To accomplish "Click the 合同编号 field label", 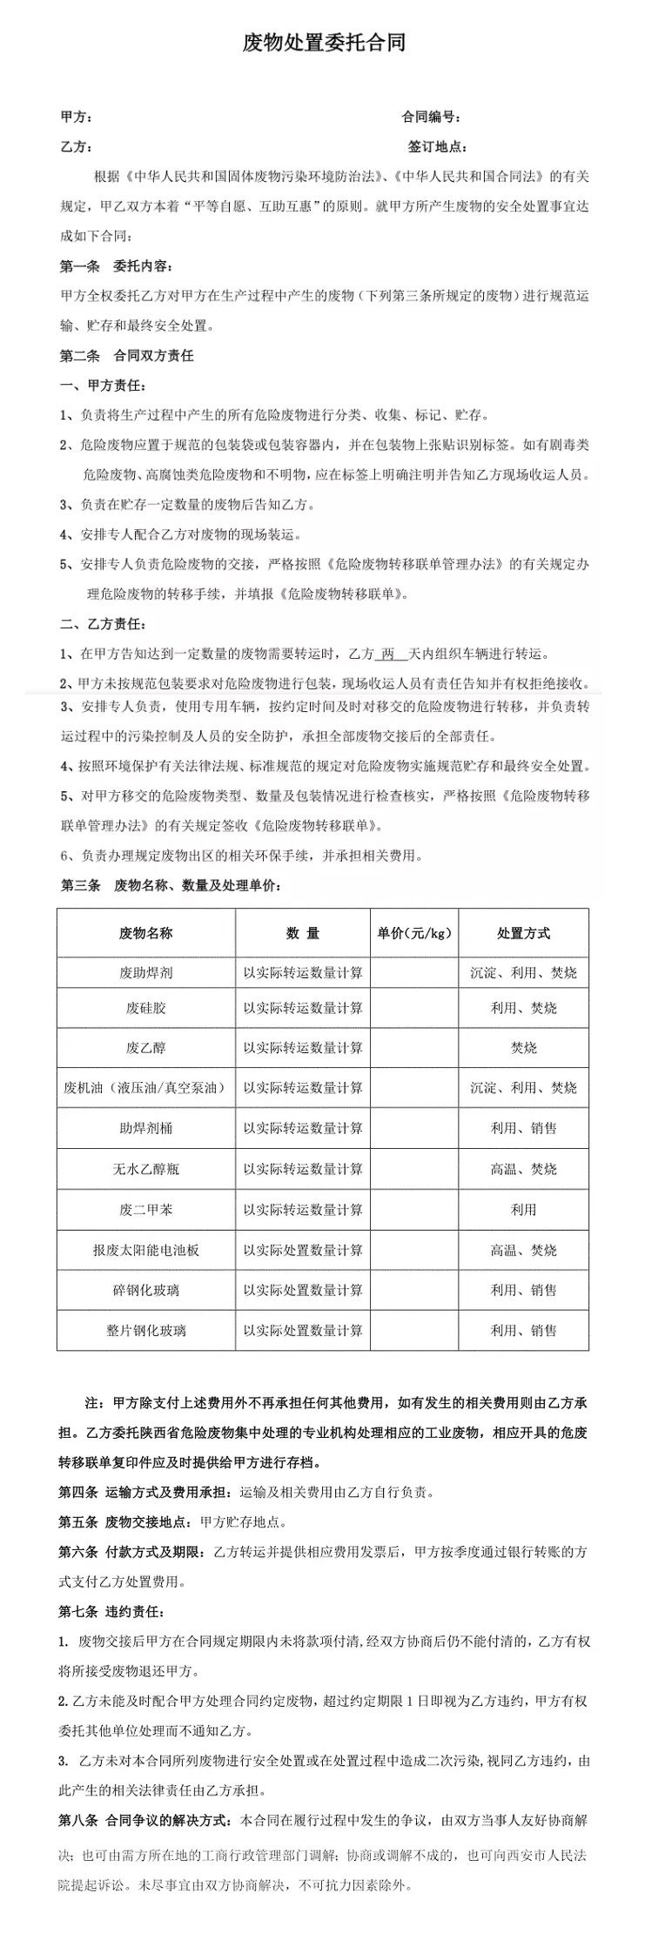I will click(x=430, y=117).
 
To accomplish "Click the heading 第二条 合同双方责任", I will click(x=126, y=355).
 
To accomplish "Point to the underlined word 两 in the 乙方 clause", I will click(x=389, y=654).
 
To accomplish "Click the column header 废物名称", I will click(x=145, y=933).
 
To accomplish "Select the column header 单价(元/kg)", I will click(x=414, y=933).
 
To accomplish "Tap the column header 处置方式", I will click(x=523, y=933).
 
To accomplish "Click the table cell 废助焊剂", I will click(x=145, y=972).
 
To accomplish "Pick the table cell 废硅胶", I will click(x=145, y=1008).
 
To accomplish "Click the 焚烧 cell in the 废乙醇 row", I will click(x=523, y=1048).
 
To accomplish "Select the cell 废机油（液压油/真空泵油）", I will click(x=145, y=1088).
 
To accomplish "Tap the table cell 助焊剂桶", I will click(x=145, y=1128).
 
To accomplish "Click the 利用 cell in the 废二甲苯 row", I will click(x=523, y=1210).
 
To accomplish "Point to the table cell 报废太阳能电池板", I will click(x=145, y=1250).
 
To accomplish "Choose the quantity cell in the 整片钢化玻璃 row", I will click(x=303, y=1330).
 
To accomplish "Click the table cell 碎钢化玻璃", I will click(x=145, y=1290).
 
